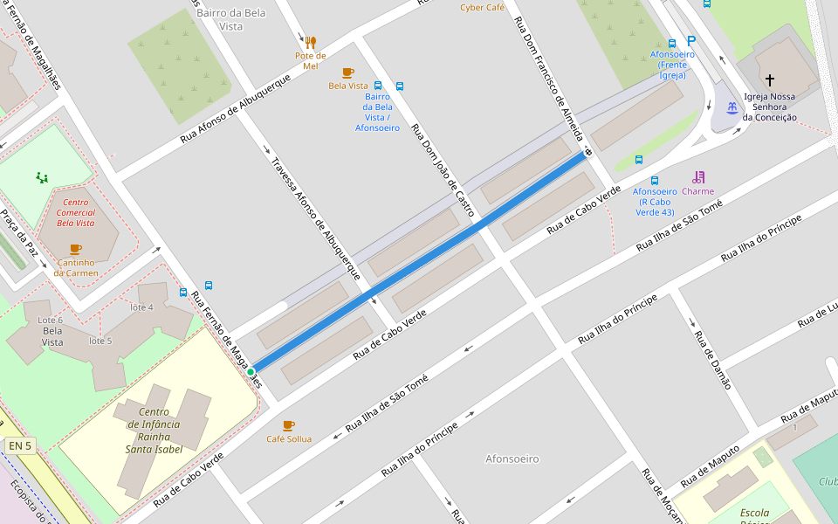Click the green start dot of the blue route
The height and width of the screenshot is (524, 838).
click(x=251, y=372)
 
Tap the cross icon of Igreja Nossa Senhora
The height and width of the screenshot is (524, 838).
click(x=769, y=79)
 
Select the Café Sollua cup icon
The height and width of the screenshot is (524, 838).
click(x=289, y=425)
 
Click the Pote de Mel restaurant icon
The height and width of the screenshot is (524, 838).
click(x=310, y=42)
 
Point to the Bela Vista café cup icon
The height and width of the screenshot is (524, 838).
click(x=347, y=72)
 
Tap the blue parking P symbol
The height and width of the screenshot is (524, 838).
click(x=692, y=41)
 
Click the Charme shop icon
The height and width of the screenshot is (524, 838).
click(x=698, y=177)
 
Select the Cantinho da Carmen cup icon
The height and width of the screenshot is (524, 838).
click(x=75, y=249)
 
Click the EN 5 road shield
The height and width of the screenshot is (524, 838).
click(x=19, y=446)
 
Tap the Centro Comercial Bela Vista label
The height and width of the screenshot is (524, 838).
click(x=75, y=212)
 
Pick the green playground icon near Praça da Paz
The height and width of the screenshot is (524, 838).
click(x=42, y=178)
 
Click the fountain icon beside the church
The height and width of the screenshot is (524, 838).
click(x=732, y=108)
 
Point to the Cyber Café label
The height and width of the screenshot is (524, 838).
click(x=483, y=8)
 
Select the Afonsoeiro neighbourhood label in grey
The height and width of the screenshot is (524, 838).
click(x=512, y=458)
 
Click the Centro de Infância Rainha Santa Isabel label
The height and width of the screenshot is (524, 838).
click(x=154, y=431)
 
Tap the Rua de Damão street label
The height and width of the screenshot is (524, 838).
click(x=712, y=359)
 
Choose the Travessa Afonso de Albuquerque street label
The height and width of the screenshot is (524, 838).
click(x=315, y=218)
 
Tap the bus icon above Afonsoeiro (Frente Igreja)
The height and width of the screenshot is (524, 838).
click(x=672, y=43)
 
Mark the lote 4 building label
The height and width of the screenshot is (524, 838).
click(x=141, y=307)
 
